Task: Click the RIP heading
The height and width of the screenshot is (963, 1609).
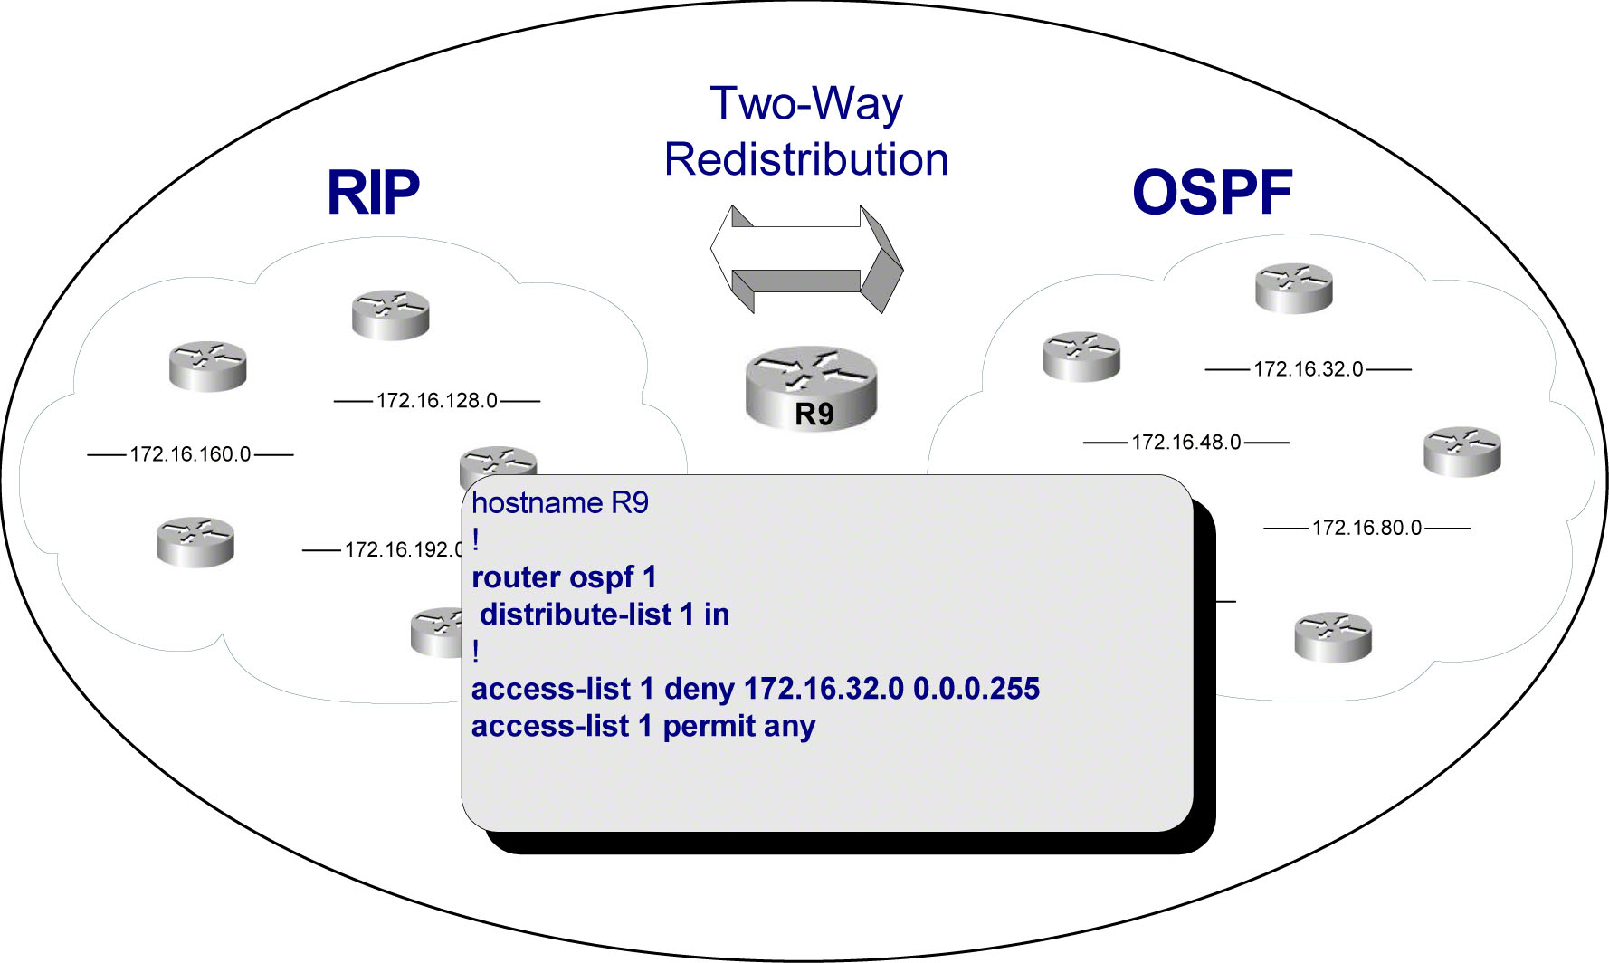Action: (373, 192)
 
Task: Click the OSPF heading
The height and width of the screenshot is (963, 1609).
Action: (1212, 192)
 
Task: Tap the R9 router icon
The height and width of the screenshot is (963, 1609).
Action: (811, 388)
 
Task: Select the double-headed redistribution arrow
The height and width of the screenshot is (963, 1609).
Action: (806, 258)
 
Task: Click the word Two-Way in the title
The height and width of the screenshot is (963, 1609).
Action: (806, 103)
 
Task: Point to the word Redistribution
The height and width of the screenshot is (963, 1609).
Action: (806, 159)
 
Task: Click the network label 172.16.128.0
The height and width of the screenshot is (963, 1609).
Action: (436, 400)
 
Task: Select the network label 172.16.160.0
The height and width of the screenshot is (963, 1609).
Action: (190, 454)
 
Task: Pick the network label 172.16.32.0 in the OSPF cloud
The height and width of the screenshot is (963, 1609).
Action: (1308, 369)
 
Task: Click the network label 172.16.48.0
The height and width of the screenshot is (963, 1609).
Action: (1185, 443)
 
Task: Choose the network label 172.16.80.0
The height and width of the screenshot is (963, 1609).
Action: (1366, 528)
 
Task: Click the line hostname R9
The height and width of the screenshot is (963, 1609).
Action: (560, 503)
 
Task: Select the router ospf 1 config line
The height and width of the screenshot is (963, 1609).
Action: (564, 577)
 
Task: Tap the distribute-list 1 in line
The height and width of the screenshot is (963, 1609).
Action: (605, 615)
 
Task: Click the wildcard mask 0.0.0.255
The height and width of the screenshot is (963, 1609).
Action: (976, 689)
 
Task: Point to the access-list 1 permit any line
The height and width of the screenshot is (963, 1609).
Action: (643, 726)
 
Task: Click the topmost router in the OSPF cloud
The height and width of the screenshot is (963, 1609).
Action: (1293, 288)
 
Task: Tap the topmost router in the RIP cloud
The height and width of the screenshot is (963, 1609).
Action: (390, 314)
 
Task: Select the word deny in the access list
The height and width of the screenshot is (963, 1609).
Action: (699, 689)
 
